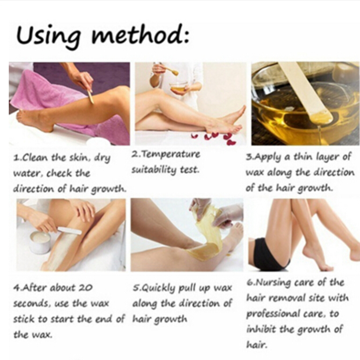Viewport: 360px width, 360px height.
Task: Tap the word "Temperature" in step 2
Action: point(170,154)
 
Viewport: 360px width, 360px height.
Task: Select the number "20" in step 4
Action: point(85,288)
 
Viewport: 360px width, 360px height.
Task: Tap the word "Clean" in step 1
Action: point(36,158)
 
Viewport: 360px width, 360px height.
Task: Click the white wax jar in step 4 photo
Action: point(40,242)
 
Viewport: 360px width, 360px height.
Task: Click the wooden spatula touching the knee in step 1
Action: point(90,96)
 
